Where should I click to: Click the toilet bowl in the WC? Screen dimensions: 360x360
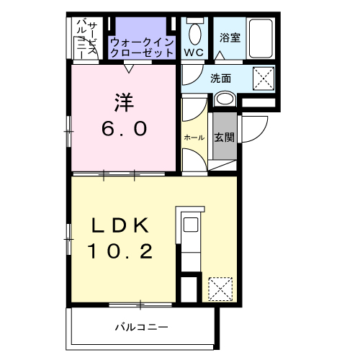(194, 33)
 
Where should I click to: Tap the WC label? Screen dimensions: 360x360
(193, 53)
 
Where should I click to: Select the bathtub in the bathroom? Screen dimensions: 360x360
(262, 37)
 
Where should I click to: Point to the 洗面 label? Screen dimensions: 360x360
(220, 78)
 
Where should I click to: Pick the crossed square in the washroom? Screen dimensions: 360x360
(263, 77)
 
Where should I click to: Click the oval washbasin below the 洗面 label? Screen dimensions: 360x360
(225, 99)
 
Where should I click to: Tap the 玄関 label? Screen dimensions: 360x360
(225, 137)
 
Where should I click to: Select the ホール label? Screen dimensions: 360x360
(194, 137)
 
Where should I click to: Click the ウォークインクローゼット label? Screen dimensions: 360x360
(142, 48)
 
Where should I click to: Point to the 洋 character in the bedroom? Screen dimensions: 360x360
(124, 101)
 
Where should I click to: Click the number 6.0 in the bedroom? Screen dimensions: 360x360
(124, 128)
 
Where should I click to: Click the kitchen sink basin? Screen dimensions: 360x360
(191, 225)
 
